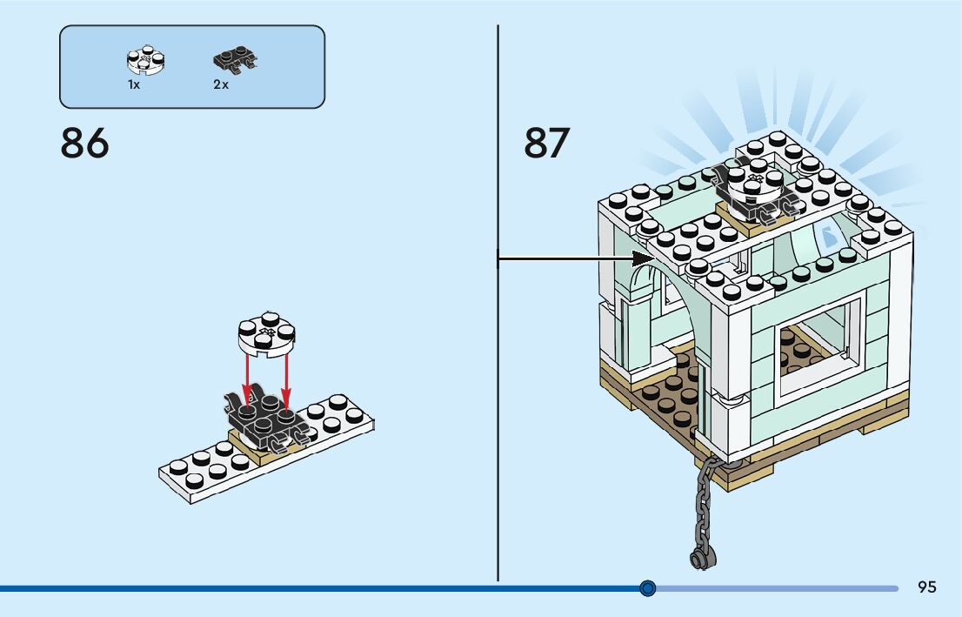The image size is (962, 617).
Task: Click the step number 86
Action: click(x=84, y=144)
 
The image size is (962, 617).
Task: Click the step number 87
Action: click(x=546, y=144)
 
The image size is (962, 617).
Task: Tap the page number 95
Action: click(x=927, y=587)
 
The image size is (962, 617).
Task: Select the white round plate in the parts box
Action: click(x=145, y=61)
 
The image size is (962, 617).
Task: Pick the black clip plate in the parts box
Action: click(x=235, y=61)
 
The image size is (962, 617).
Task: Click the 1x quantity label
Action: click(x=134, y=85)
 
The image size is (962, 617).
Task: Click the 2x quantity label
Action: click(x=221, y=85)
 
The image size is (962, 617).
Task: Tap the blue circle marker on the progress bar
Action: click(x=647, y=588)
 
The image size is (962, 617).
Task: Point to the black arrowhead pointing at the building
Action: click(x=645, y=258)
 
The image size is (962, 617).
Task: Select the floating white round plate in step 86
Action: click(x=267, y=334)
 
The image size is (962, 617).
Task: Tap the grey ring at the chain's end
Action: click(x=698, y=559)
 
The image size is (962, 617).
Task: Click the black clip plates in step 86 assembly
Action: click(x=265, y=420)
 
